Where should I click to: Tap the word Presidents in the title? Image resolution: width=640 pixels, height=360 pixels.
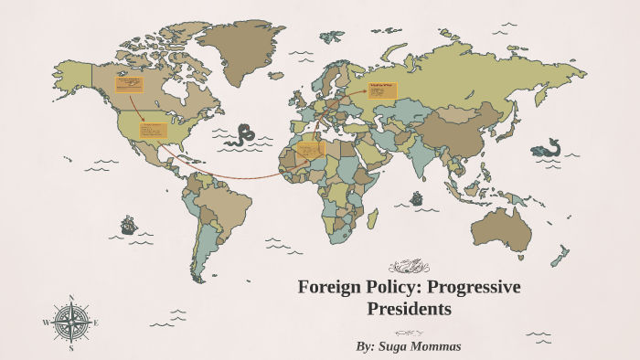(409, 310)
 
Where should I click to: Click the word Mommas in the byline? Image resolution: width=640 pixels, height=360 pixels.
(439, 347)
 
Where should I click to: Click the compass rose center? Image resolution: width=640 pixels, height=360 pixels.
(71, 322)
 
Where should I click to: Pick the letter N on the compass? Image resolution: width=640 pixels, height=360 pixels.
(71, 298)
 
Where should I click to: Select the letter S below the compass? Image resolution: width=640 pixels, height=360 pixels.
(71, 347)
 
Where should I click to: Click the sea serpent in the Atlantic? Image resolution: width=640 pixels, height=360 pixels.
(243, 135)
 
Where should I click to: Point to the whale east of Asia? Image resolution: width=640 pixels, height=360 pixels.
(549, 147)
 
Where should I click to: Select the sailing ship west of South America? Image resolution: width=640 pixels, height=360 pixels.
(128, 225)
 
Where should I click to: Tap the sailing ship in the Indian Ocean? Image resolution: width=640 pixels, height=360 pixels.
(417, 197)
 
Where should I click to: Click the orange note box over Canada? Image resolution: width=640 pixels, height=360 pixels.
(128, 84)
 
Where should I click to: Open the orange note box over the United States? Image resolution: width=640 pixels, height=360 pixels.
(152, 130)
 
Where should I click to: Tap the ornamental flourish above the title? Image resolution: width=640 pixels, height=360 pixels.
(409, 267)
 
